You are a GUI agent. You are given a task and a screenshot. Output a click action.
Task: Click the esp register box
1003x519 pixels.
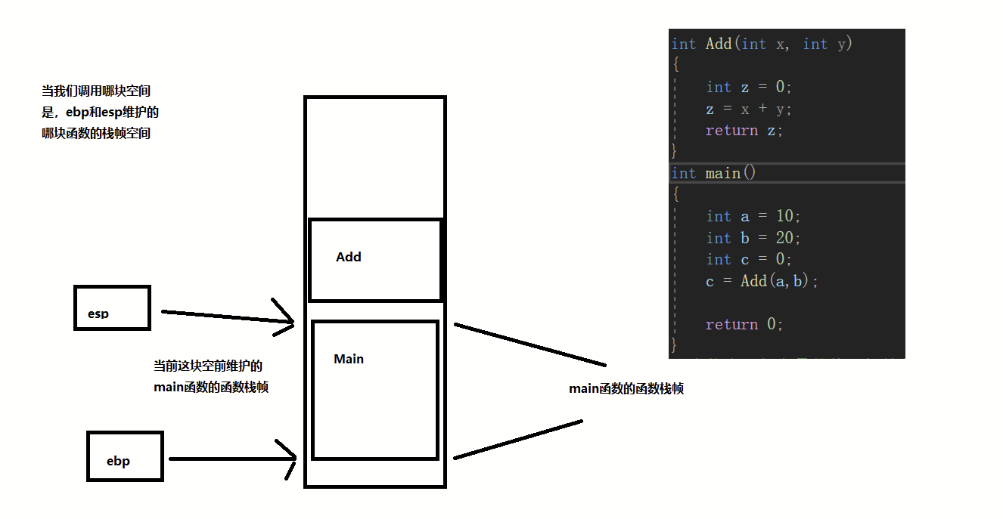click(x=113, y=286)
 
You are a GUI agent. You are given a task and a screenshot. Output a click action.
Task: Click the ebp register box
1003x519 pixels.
click(x=125, y=433)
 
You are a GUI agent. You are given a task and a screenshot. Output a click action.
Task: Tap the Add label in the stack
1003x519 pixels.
click(x=349, y=257)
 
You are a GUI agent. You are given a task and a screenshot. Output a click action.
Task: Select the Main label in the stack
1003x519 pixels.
click(x=349, y=359)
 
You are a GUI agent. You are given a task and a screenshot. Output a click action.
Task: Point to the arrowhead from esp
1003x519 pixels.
click(x=284, y=318)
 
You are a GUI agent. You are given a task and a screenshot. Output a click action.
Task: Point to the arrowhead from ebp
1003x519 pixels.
click(x=287, y=459)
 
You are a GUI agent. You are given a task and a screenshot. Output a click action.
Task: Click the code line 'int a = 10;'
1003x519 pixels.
click(x=753, y=216)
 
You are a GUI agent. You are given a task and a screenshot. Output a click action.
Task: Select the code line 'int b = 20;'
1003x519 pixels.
click(x=753, y=238)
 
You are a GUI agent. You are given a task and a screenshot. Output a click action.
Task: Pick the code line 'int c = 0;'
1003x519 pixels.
click(x=749, y=259)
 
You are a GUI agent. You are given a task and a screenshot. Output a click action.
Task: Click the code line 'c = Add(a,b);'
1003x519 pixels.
click(x=762, y=281)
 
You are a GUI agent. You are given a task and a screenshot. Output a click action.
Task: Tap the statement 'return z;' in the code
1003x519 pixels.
click(x=744, y=131)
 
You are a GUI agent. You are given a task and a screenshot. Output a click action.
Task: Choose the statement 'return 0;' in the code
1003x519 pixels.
click(x=744, y=324)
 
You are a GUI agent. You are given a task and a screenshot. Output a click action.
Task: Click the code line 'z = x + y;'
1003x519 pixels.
click(x=749, y=109)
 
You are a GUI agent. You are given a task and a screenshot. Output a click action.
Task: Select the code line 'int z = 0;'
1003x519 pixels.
click(x=749, y=87)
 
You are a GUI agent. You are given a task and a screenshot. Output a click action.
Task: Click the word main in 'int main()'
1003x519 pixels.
click(x=722, y=174)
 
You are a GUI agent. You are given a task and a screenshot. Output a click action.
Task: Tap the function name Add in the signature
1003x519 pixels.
click(x=719, y=44)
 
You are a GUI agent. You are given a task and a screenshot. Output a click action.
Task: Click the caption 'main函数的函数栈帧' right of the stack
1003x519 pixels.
click(x=626, y=389)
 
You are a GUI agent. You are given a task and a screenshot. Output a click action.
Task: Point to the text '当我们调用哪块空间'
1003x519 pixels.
click(x=96, y=91)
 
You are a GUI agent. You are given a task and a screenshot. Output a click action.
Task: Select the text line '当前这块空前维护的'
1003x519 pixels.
click(x=208, y=366)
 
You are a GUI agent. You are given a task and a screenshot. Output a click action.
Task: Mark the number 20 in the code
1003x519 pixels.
click(x=784, y=238)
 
